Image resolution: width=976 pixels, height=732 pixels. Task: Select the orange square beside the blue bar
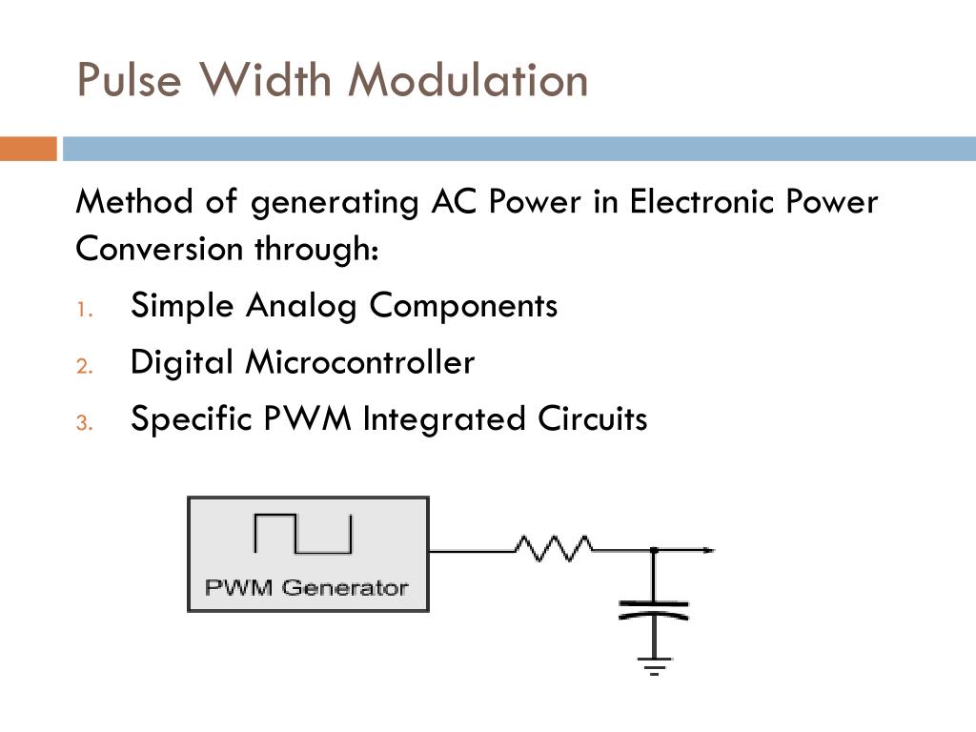point(29,150)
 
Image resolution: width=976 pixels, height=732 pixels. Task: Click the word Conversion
point(159,250)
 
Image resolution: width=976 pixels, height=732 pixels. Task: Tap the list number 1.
point(84,309)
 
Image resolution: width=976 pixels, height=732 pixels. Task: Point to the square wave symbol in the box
point(303,534)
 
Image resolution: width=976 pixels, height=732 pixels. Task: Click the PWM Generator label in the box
point(307,587)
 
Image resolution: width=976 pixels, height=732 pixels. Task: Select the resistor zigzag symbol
point(554,548)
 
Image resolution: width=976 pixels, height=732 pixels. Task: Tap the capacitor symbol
point(654,610)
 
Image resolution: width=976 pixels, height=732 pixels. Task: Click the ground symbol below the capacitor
point(654,665)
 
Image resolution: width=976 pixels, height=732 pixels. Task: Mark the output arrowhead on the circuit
point(707,550)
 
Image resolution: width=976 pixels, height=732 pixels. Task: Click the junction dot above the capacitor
point(654,550)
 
